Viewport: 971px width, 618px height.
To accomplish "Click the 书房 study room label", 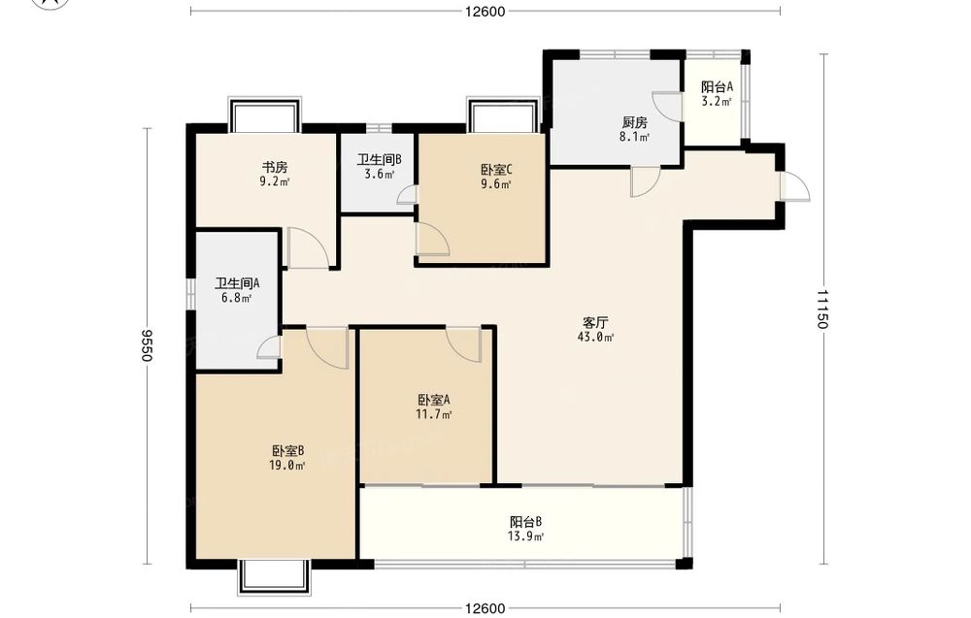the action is (x=275, y=167).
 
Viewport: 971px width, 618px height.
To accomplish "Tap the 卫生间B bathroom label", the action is (x=379, y=160).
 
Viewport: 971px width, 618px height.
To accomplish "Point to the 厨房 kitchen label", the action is (x=635, y=122).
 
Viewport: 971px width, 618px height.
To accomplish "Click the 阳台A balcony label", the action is (x=718, y=87).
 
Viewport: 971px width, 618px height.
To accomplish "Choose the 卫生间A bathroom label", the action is (x=237, y=284).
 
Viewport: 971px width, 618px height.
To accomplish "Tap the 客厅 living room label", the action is (x=595, y=323).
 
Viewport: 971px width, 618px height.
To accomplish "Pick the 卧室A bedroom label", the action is (x=433, y=400).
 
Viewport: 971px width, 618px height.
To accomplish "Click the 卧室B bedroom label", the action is (x=287, y=451).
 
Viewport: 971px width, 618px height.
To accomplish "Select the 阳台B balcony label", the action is (x=526, y=522).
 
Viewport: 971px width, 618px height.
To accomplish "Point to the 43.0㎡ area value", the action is (x=595, y=338).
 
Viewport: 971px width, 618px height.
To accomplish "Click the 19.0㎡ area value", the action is (x=287, y=466).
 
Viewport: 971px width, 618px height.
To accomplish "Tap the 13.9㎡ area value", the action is (x=526, y=537).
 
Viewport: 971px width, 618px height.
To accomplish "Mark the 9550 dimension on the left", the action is (x=148, y=345).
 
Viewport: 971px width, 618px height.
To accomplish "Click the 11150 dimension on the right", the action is (x=823, y=309).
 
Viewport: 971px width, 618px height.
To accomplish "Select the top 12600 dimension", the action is (x=485, y=11).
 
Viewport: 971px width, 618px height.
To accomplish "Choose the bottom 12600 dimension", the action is (x=485, y=608).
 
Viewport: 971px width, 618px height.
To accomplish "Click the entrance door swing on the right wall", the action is (x=796, y=185).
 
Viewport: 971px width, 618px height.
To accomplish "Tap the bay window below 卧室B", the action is (x=273, y=577).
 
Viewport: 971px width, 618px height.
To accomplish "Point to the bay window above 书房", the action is (x=264, y=115).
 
